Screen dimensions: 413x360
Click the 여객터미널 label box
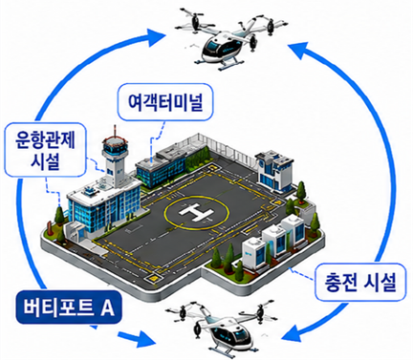click(x=165, y=102)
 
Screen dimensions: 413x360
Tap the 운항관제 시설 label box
click(x=45, y=150)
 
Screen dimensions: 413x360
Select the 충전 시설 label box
click(x=360, y=282)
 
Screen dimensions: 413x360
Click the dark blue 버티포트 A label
click(x=69, y=307)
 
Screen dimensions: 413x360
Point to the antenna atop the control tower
click(x=115, y=132)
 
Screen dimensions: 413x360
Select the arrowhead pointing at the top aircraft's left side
click(x=157, y=34)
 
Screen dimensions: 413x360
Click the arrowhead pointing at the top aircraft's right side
click(x=297, y=50)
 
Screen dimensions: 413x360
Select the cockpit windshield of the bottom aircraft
click(x=241, y=332)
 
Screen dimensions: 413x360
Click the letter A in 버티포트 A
click(x=107, y=307)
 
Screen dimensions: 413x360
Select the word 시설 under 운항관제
click(x=46, y=161)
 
